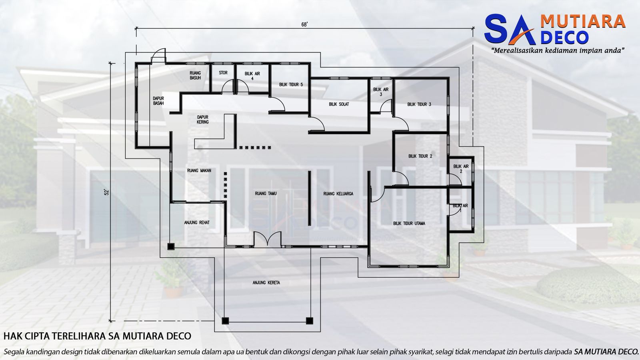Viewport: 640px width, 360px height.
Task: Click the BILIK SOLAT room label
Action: pos(339,104)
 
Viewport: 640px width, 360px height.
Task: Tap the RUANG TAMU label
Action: pos(266,194)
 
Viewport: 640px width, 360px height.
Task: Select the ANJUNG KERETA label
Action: pos(266,283)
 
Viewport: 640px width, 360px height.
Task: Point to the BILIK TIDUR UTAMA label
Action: pos(409,224)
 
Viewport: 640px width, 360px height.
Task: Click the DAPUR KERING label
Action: pos(202,120)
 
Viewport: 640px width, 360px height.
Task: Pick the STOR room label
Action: pos(223,73)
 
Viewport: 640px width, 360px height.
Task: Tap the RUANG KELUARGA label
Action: pos(338,194)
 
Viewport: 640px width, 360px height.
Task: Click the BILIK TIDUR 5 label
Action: pos(291,85)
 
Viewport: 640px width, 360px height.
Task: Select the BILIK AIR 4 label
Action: pos(252,76)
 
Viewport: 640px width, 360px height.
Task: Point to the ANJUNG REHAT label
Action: pos(197,223)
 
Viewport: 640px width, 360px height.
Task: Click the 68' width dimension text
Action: pos(304,24)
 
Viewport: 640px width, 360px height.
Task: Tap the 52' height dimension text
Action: pos(107,192)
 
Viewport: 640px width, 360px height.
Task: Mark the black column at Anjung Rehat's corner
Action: pos(171,247)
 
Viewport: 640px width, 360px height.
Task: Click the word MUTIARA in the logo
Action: pos(583,21)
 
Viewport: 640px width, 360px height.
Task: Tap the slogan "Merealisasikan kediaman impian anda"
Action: pos(558,51)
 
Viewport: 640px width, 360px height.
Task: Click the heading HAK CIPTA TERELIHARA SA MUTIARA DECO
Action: pos(97,336)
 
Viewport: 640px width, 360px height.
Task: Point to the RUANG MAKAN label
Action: pos(199,171)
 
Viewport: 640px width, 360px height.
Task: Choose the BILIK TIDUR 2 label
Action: pos(420,156)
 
